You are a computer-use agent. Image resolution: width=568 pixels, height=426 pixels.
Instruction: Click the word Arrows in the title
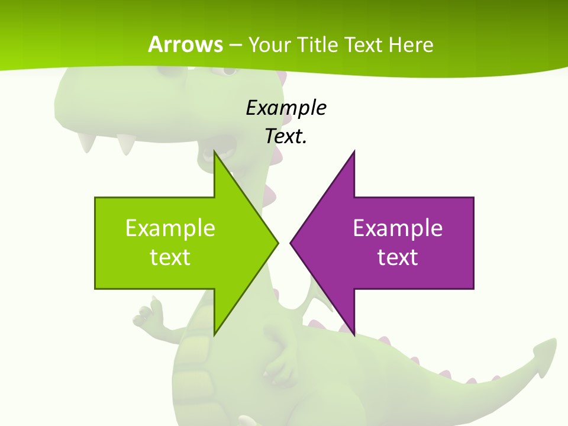click(186, 45)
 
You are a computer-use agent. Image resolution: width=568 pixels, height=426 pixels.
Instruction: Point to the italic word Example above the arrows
click(286, 108)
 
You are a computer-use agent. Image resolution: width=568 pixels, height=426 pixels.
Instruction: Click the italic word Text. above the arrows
click(286, 137)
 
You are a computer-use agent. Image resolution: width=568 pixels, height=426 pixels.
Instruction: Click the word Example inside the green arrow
click(170, 228)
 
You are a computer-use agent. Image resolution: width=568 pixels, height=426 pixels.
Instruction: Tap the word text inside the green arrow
click(170, 257)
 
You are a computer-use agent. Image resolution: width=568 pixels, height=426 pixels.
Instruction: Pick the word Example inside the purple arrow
click(398, 228)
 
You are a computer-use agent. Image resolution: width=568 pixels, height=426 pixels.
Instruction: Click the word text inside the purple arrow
click(398, 257)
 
